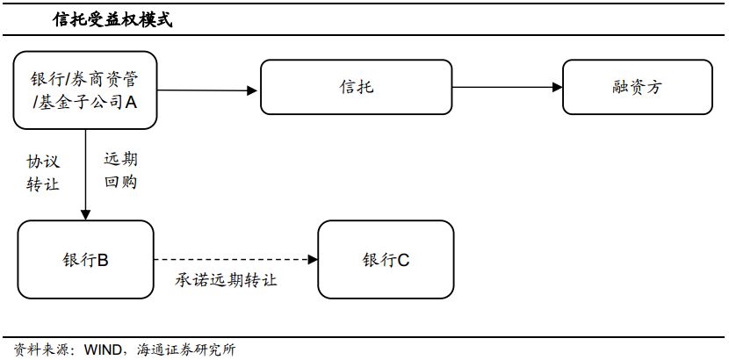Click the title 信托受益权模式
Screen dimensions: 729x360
(112, 20)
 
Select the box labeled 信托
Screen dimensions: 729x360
(356, 87)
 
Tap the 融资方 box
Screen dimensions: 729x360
(638, 87)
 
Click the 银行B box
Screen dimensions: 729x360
(85, 260)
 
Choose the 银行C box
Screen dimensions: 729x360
(386, 260)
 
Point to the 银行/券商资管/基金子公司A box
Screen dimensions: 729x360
(85, 90)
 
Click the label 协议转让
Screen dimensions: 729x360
(43, 173)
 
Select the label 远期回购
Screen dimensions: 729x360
(121, 171)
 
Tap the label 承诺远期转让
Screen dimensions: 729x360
(227, 280)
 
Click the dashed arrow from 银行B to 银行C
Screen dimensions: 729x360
(235, 260)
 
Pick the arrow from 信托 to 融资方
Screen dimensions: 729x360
(508, 87)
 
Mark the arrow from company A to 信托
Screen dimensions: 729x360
(207, 90)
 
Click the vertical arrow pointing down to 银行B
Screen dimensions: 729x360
(85, 175)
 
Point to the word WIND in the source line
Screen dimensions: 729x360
(103, 349)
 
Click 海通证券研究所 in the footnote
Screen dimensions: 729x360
(186, 349)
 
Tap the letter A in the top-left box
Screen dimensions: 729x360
(131, 102)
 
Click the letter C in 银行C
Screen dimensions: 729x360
(403, 260)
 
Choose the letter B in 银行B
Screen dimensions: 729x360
(103, 260)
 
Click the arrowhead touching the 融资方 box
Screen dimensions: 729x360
(558, 87)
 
